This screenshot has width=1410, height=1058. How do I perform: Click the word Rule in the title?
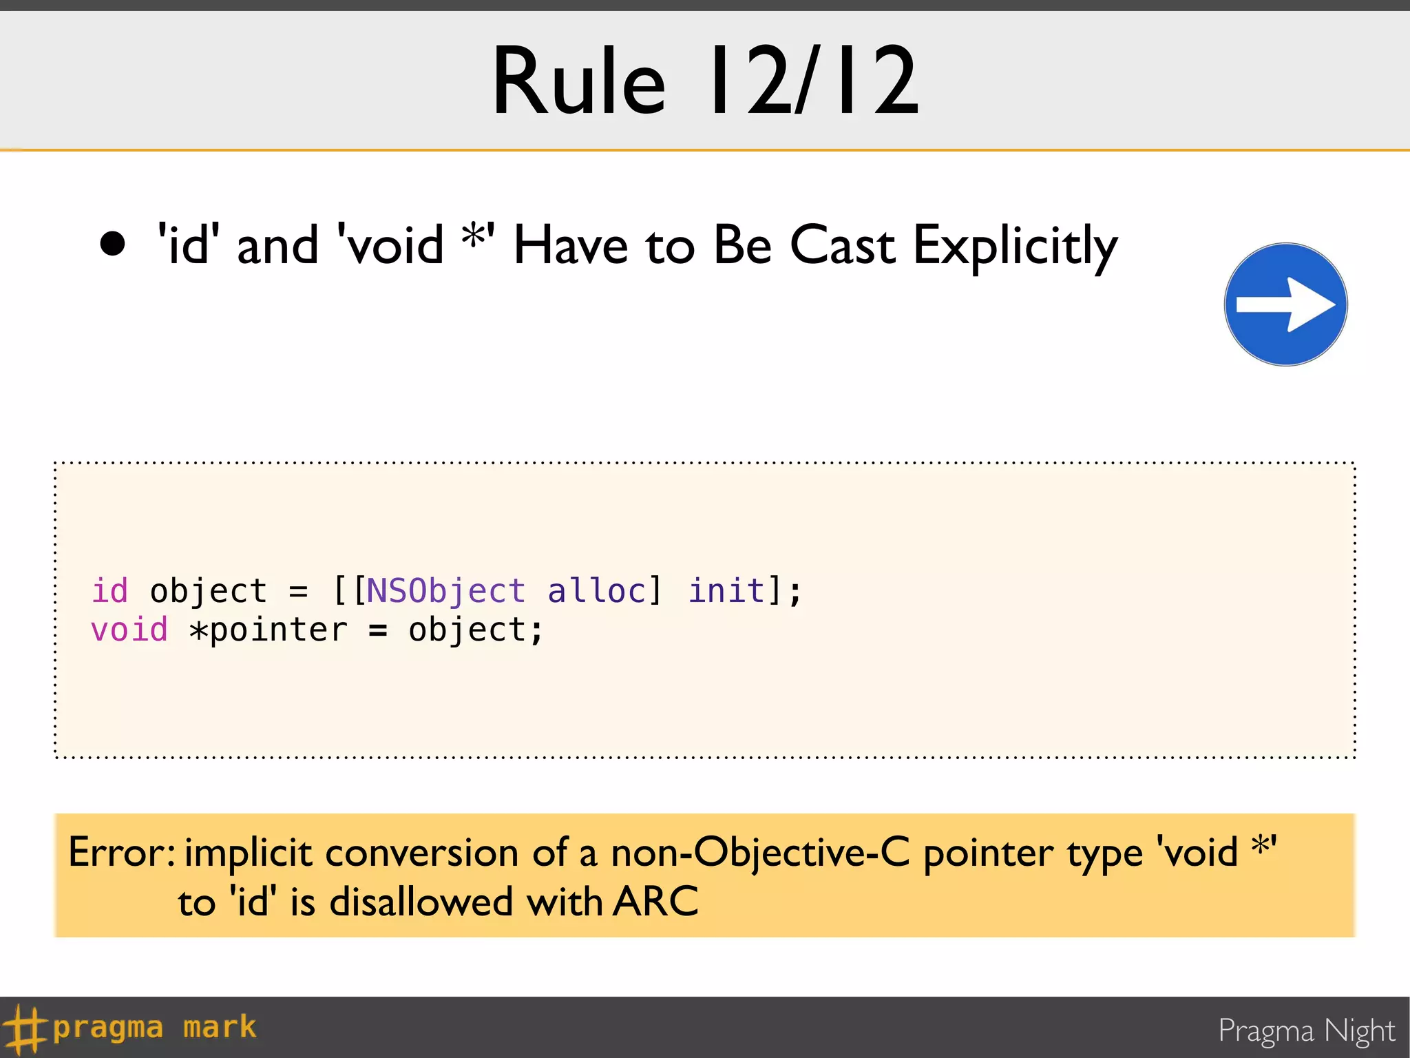point(579,81)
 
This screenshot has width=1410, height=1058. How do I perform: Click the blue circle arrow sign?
point(1285,304)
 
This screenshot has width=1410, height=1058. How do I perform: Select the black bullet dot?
point(113,244)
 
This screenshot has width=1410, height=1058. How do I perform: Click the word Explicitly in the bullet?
point(1015,247)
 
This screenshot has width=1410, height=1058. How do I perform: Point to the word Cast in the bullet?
point(843,245)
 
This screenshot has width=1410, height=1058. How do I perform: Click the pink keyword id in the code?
point(109,591)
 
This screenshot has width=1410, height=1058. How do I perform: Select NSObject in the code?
point(445,591)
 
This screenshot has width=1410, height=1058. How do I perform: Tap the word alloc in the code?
point(597,591)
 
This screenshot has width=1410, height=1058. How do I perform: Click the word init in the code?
point(727,591)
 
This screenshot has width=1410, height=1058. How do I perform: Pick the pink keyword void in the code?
point(129,630)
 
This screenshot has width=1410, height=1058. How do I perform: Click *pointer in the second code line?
point(269,630)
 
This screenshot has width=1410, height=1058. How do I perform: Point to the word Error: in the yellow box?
point(122,853)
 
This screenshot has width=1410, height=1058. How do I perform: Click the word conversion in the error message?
point(422,853)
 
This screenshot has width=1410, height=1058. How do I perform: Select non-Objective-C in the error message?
point(760,853)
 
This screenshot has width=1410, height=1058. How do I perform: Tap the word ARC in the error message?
point(656,901)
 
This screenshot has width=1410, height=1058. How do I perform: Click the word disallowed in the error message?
point(421,901)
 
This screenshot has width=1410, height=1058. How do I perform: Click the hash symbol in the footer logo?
point(23,1029)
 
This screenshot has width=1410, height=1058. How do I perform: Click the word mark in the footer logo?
point(220,1027)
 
